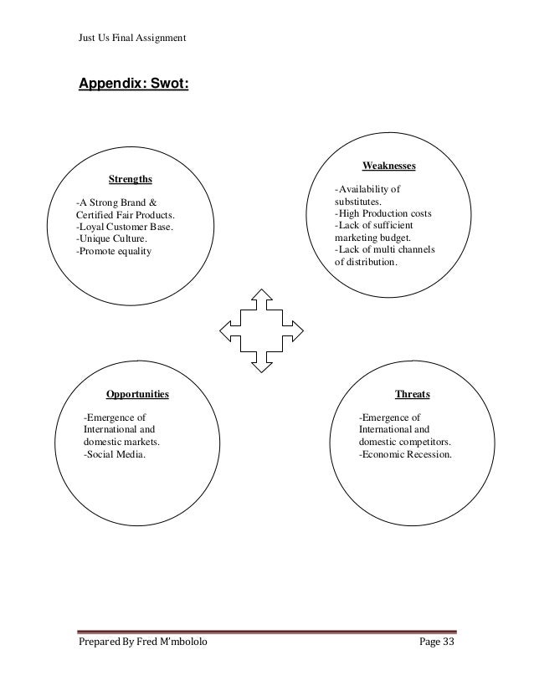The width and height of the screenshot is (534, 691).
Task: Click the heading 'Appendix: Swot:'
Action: pyautogui.click(x=133, y=84)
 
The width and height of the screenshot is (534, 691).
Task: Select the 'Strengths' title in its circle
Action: pyautogui.click(x=131, y=178)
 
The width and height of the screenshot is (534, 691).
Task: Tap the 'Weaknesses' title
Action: pyautogui.click(x=388, y=166)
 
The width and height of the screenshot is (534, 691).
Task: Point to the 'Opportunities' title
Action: pyautogui.click(x=137, y=393)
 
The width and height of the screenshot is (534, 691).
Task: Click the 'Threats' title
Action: pyautogui.click(x=412, y=393)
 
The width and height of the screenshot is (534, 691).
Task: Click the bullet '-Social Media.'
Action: pyautogui.click(x=114, y=455)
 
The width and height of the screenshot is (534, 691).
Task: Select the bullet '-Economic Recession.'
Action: pyautogui.click(x=405, y=455)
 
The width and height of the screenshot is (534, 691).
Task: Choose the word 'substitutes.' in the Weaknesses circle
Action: pyautogui.click(x=358, y=202)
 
